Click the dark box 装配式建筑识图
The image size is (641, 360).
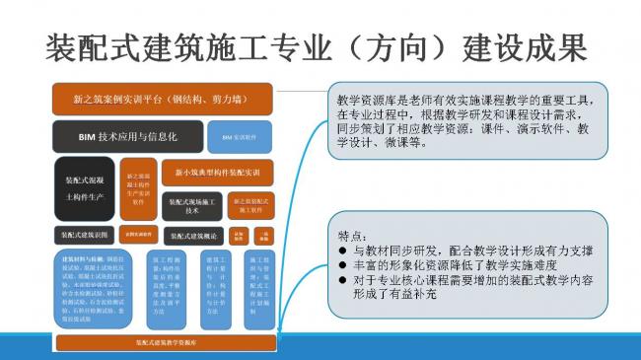click(x=84, y=235)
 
